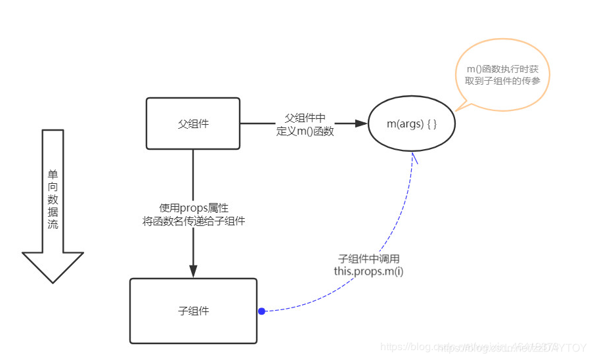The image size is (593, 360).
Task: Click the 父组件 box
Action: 192,124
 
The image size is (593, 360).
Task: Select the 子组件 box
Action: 193,311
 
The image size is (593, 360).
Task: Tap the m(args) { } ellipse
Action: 412,124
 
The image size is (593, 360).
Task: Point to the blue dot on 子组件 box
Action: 261,311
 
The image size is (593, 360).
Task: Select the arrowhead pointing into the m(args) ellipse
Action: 360,124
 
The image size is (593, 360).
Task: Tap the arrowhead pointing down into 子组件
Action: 193,271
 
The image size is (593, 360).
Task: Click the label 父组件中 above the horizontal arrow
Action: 305,118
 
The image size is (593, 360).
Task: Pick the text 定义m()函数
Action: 305,131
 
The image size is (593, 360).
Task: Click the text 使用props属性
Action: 194,208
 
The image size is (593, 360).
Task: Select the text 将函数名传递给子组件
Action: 194,221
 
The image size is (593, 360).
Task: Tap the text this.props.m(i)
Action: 368,271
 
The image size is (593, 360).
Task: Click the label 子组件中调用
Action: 368,258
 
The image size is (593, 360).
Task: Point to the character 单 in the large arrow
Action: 53,175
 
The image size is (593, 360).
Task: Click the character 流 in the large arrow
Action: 53,224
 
